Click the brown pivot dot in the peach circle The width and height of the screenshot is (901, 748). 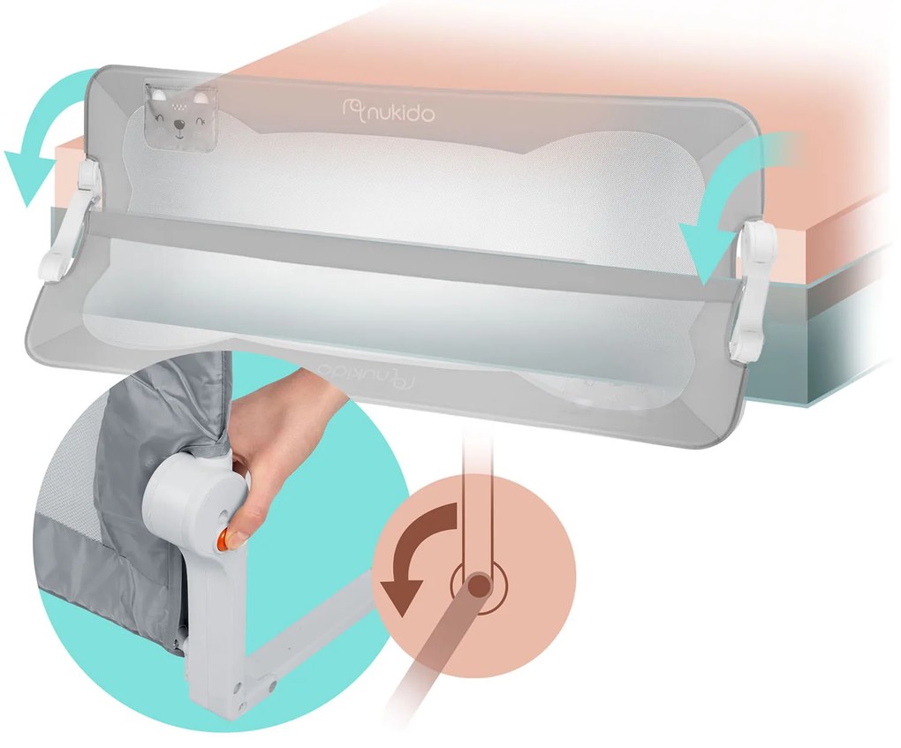(478, 586)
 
